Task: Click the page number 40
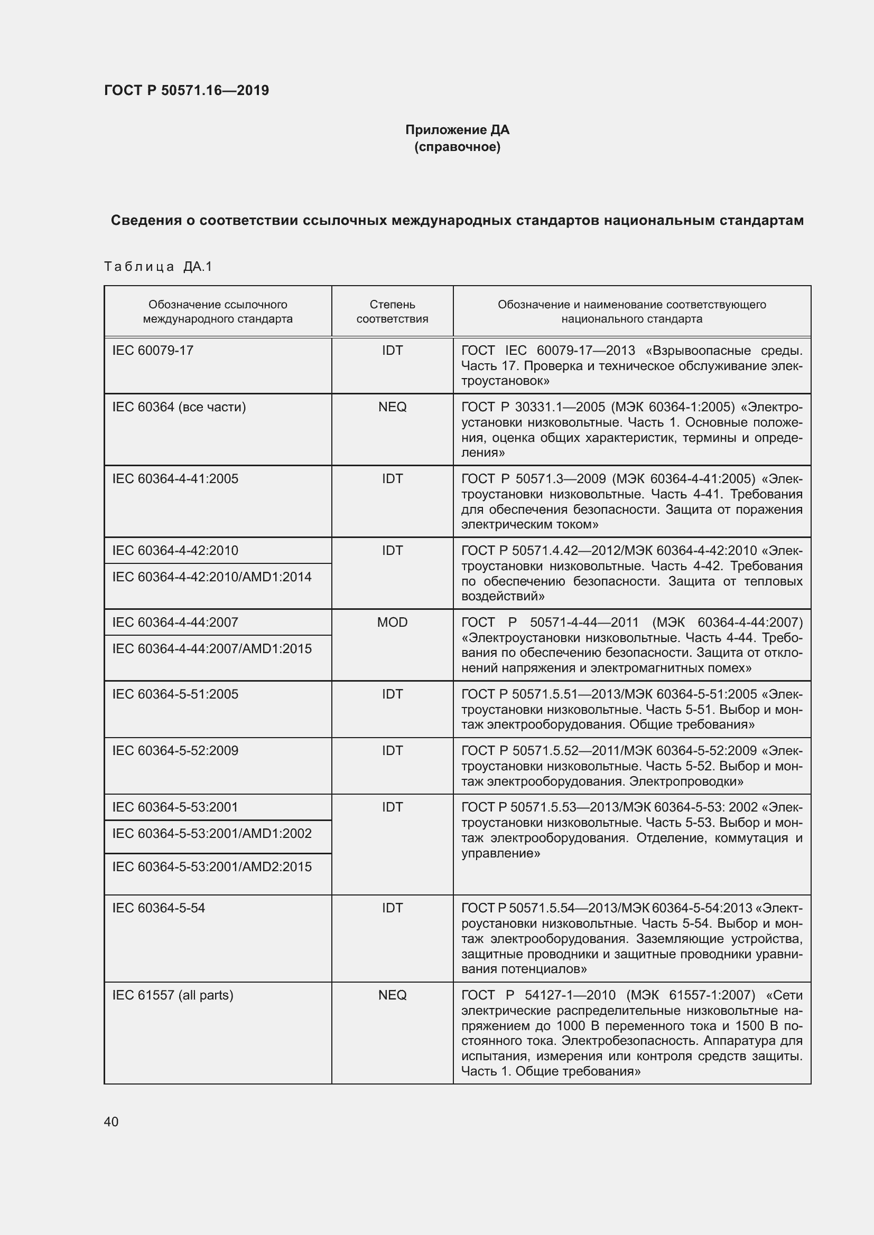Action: [x=111, y=1121]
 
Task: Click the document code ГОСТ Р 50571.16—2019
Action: [x=186, y=90]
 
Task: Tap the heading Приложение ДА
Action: [x=457, y=130]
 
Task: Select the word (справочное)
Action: [x=457, y=147]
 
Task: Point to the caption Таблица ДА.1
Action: [x=158, y=266]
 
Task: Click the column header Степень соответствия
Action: [x=392, y=312]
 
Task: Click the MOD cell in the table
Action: [x=392, y=623]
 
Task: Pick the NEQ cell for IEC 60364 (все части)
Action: [x=392, y=407]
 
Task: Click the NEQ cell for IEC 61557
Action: [x=392, y=995]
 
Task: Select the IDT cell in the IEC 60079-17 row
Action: [x=392, y=350]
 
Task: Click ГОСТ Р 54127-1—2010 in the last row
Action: [x=538, y=995]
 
